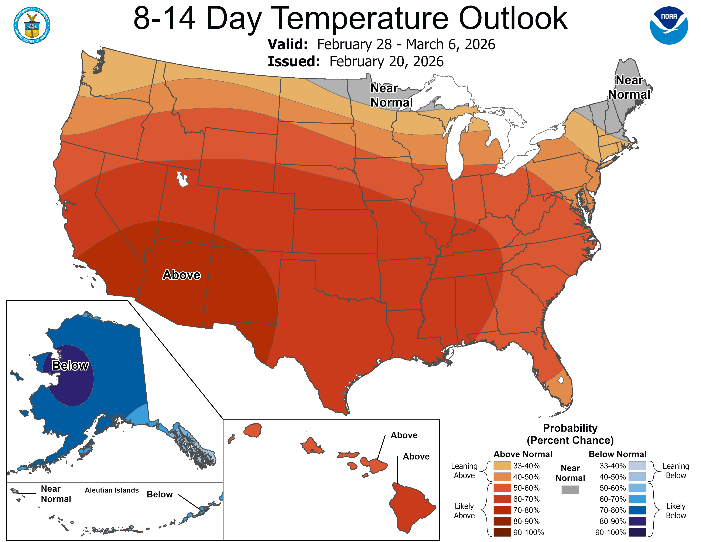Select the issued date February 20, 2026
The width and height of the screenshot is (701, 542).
coord(386,62)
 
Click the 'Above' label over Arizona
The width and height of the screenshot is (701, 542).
coord(181,275)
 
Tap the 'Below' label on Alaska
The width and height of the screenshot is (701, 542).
coord(70,365)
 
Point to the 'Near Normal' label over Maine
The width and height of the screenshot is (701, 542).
coord(629,87)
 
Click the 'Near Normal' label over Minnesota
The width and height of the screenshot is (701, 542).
coord(391,95)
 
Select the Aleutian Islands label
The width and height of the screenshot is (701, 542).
coord(112,490)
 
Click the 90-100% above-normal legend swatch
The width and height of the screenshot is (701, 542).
coord(502,532)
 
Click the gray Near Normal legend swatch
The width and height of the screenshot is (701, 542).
coord(570,490)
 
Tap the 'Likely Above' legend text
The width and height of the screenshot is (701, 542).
coord(464,511)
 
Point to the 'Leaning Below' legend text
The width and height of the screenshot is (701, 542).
coord(676,471)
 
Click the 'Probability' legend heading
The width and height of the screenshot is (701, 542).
coord(570,428)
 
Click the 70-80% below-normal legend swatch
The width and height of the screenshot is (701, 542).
coord(637,510)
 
